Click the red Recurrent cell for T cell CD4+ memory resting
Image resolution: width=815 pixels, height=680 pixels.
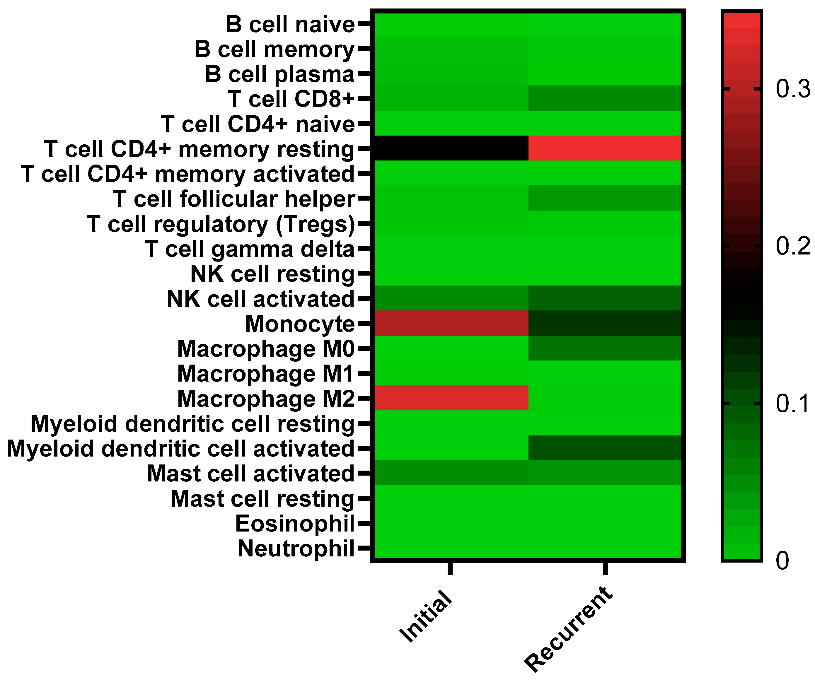605,148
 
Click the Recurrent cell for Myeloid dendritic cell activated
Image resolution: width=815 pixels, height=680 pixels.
605,448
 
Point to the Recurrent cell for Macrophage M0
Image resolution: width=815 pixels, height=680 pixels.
605,348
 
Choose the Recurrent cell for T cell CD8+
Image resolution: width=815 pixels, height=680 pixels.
605,98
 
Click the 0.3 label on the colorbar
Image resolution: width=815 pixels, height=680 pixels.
792,89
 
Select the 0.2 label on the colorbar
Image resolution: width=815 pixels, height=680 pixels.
792,246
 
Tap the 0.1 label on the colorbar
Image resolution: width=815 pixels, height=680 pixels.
792,404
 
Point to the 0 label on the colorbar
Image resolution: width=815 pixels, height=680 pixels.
782,561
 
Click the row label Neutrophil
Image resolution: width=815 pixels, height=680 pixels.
296,549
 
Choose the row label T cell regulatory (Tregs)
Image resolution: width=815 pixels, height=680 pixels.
221,225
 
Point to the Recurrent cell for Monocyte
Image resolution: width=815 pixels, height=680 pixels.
605,323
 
